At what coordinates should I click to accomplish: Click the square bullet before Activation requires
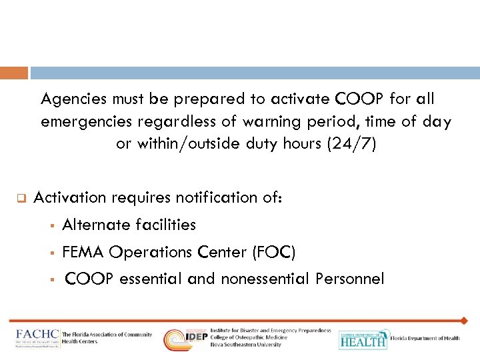tap(21, 198)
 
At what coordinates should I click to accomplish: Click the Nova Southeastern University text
tap(246, 345)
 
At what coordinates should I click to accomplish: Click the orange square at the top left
tap(14, 73)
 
